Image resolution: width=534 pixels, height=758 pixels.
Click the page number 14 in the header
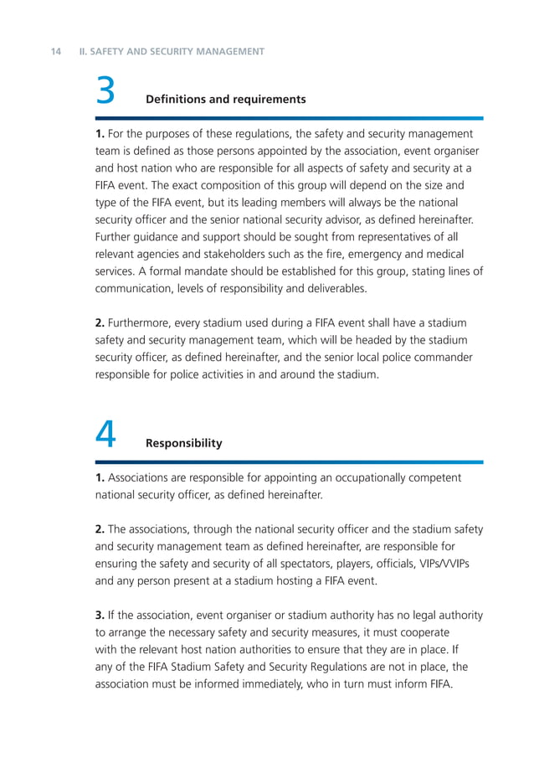[55, 52]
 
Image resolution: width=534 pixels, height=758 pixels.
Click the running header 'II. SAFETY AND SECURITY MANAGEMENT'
[171, 52]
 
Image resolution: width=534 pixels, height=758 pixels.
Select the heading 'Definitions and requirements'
[225, 100]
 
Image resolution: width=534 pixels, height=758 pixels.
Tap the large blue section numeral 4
[105, 436]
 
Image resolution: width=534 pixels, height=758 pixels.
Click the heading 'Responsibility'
[183, 443]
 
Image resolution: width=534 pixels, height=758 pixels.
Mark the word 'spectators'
[295, 564]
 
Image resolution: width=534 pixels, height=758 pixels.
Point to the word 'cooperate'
[422, 632]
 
